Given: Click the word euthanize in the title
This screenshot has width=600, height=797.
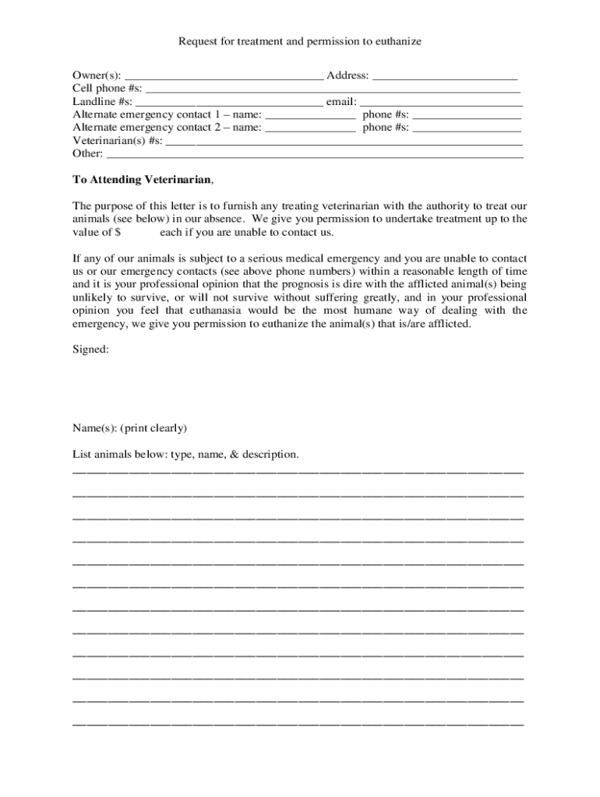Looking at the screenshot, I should coord(398,41).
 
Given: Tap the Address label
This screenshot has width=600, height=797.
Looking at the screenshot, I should coord(348,75).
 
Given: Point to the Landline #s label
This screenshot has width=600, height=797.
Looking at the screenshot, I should coord(102,101).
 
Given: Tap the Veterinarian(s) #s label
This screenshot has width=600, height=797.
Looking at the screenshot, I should coord(118,140).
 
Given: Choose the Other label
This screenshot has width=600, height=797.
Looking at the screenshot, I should coord(87,153).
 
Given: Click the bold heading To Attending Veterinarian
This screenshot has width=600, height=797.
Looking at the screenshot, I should coord(142,180).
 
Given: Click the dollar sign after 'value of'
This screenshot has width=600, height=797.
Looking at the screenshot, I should coord(118,232).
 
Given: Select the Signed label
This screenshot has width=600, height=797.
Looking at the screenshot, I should coord(90,350).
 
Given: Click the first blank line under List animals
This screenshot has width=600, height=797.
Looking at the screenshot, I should coord(298,472).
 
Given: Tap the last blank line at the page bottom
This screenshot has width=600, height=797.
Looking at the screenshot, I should coord(298,724).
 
